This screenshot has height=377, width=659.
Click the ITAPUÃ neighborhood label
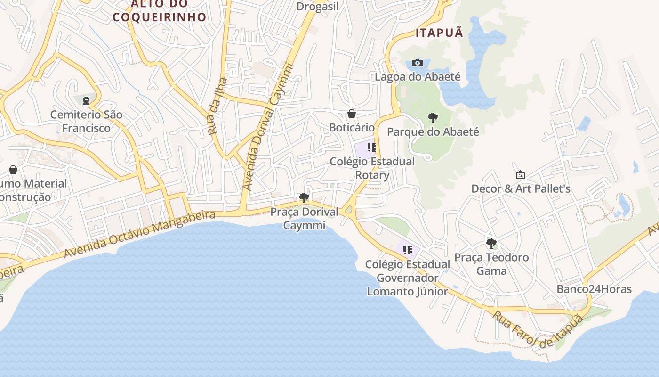pyautogui.click(x=439, y=33)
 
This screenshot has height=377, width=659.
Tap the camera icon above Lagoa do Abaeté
pyautogui.click(x=418, y=63)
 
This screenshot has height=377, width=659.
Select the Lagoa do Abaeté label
pyautogui.click(x=418, y=76)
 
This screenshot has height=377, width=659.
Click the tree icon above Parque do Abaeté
pyautogui.click(x=433, y=118)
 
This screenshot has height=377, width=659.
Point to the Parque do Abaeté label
pyautogui.click(x=433, y=131)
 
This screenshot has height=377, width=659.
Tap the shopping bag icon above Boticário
pyautogui.click(x=352, y=114)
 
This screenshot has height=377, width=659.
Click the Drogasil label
pyautogui.click(x=318, y=7)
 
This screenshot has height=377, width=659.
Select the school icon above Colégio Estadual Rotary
pyautogui.click(x=372, y=148)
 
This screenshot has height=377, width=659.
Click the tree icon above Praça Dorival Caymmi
pyautogui.click(x=304, y=198)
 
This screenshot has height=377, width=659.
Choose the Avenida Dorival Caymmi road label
pyautogui.click(x=267, y=127)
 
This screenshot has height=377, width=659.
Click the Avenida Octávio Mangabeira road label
pyautogui.click(x=139, y=235)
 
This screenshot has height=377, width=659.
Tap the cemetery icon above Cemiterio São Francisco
pyautogui.click(x=86, y=100)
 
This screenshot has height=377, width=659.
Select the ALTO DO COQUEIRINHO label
pyautogui.click(x=160, y=10)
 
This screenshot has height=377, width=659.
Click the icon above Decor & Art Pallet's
pyautogui.click(x=521, y=175)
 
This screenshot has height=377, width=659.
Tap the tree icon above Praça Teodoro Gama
pyautogui.click(x=491, y=244)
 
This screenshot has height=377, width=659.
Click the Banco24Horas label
pyautogui.click(x=594, y=289)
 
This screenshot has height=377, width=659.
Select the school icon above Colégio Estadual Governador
pyautogui.click(x=408, y=250)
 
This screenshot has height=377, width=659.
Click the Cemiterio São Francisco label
pyautogui.click(x=87, y=121)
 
